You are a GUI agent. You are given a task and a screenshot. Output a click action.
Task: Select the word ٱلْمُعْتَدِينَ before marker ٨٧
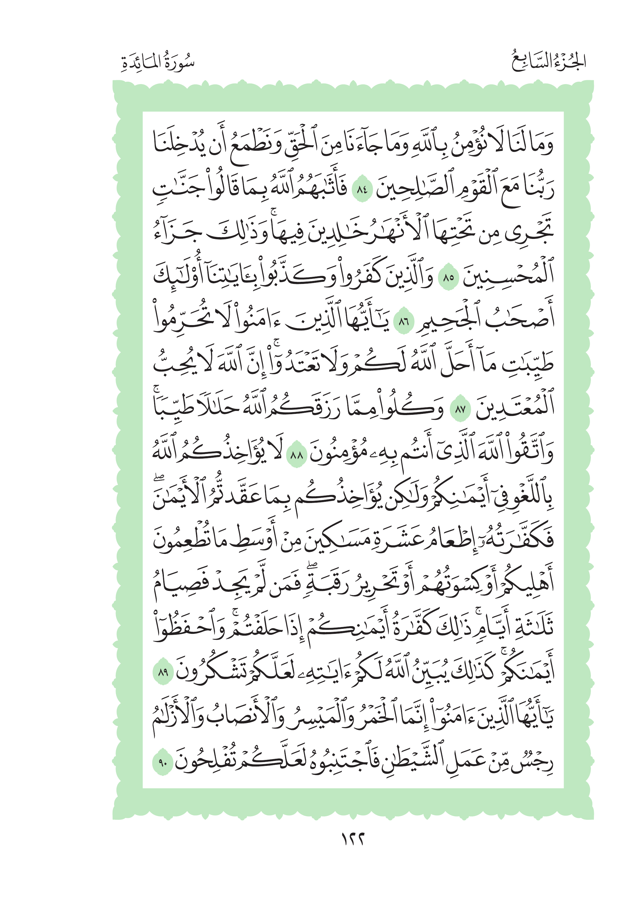(x=515, y=408)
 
